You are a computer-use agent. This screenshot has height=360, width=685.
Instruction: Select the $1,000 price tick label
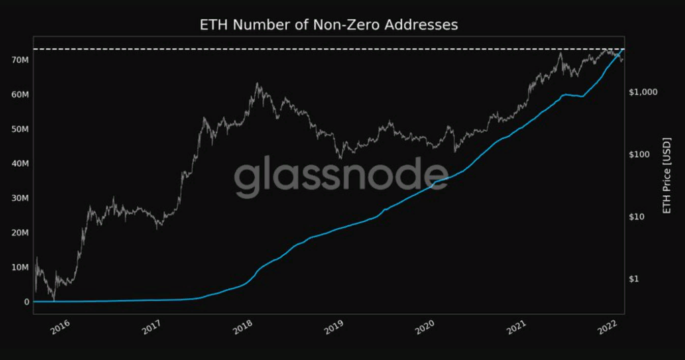643,92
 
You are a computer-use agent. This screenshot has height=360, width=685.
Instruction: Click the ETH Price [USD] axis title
667,175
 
